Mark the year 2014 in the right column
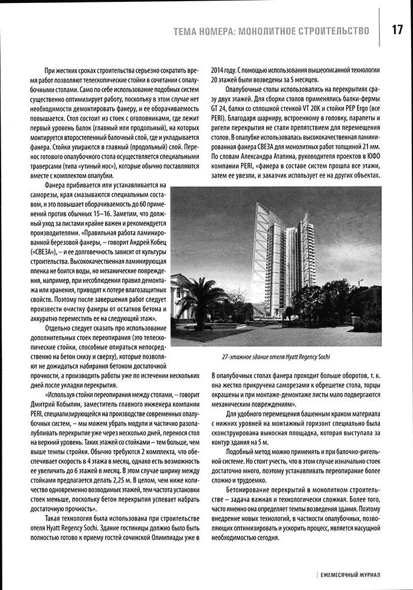pos(216,70)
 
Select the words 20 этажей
pos(224,81)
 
